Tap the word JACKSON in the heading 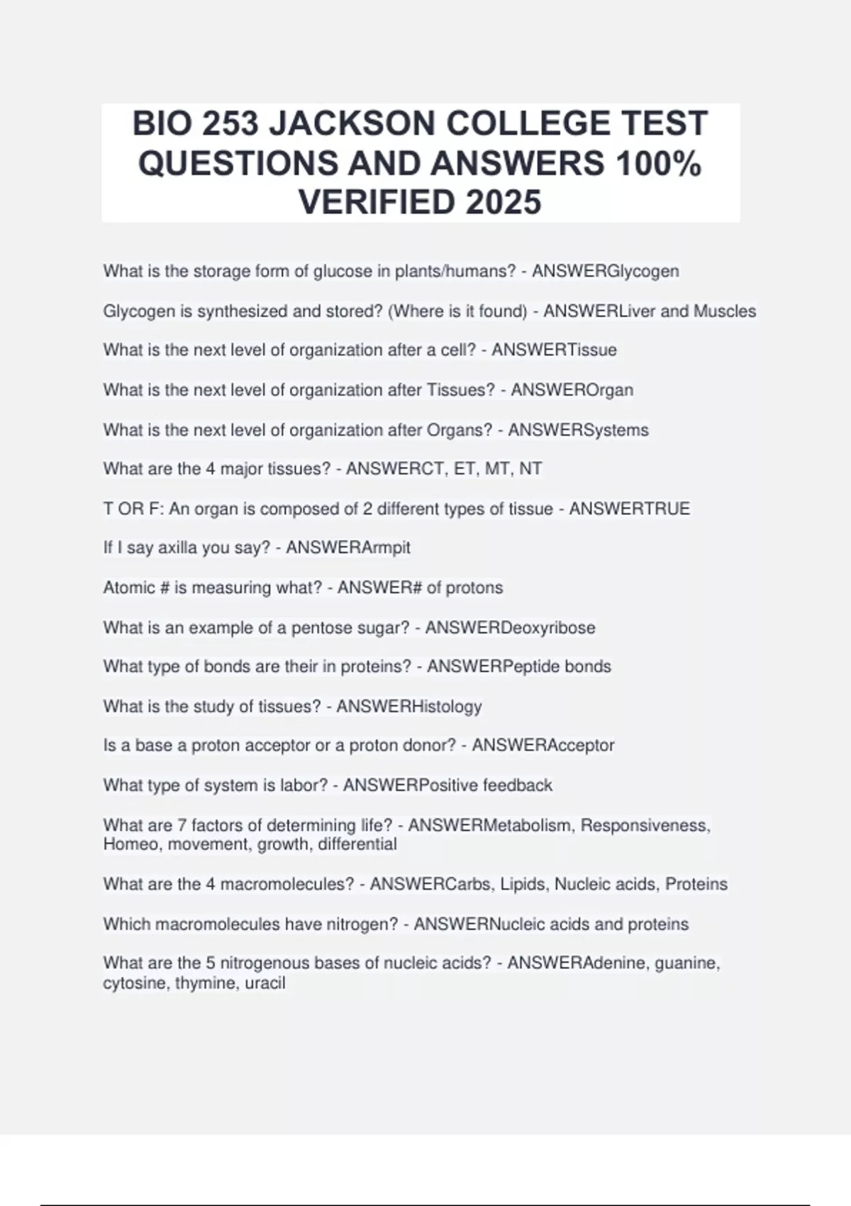click(x=352, y=124)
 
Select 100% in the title click(x=659, y=164)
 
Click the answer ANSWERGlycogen click(x=605, y=271)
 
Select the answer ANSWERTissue click(x=554, y=350)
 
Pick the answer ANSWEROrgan click(x=572, y=389)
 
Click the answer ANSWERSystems click(x=578, y=430)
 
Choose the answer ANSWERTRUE click(x=629, y=509)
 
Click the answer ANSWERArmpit click(x=347, y=548)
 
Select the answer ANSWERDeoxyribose click(x=510, y=628)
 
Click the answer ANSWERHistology click(x=408, y=707)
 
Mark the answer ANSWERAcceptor click(x=543, y=746)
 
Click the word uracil click(x=265, y=983)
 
